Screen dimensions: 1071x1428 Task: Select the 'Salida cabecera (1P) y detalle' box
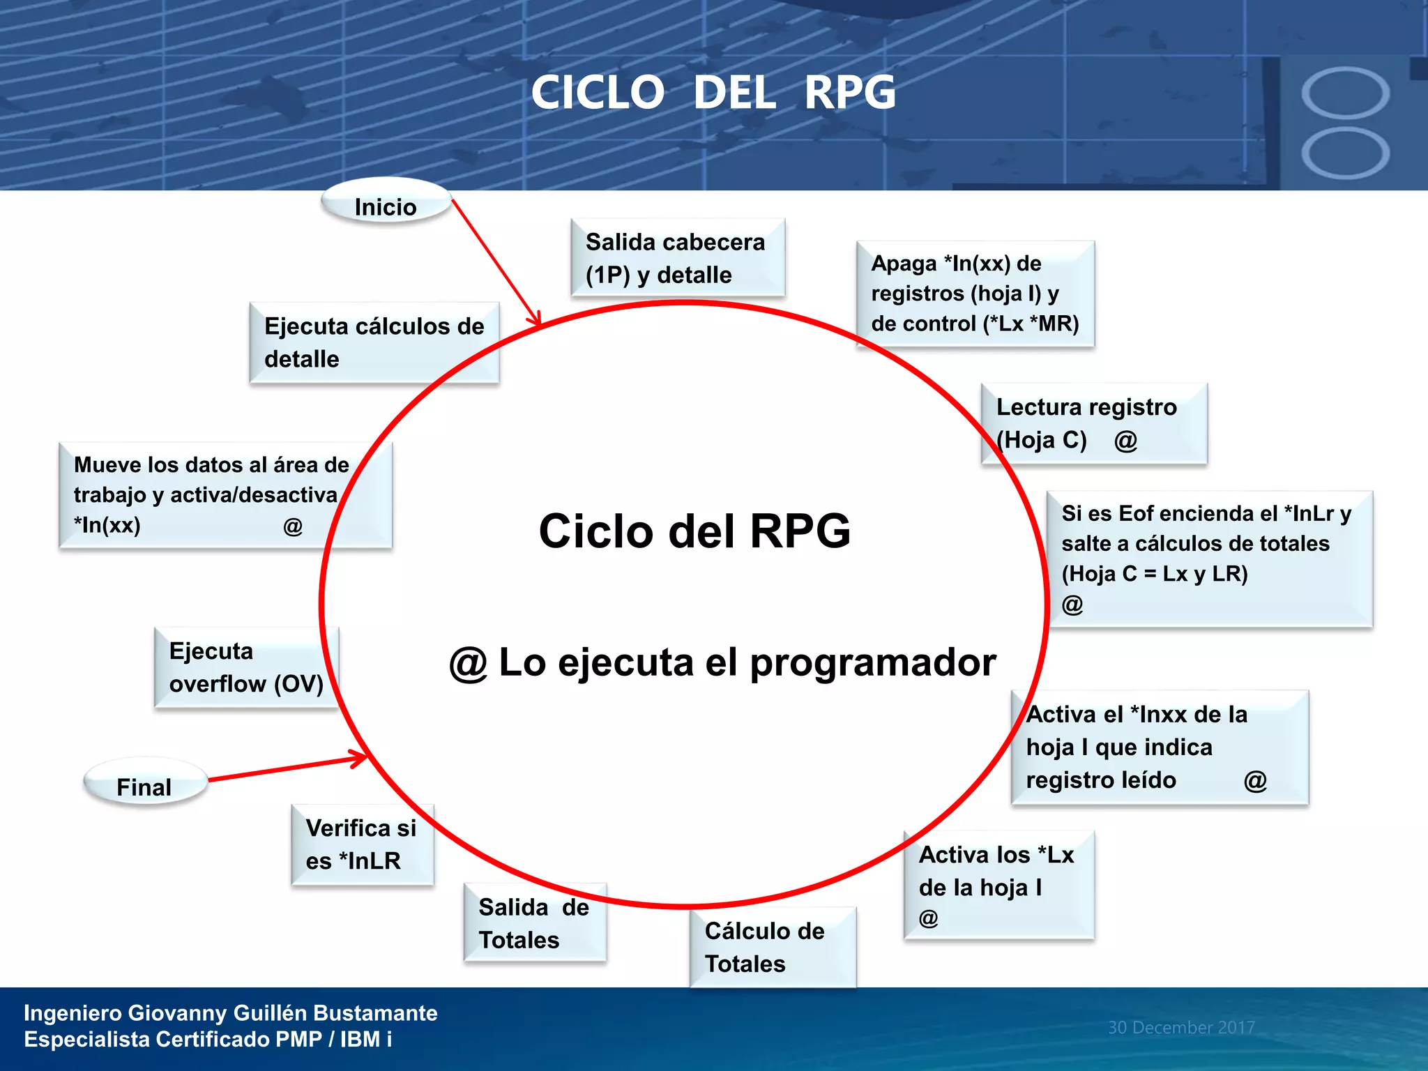pyautogui.click(x=677, y=258)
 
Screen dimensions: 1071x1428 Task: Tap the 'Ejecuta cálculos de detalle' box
pyautogui.click(x=374, y=342)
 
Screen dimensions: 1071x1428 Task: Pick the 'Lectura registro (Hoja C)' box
pyautogui.click(x=1093, y=423)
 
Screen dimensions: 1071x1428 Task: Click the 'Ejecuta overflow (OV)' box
pyautogui.click(x=246, y=667)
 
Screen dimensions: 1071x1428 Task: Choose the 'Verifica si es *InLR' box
pyautogui.click(x=362, y=844)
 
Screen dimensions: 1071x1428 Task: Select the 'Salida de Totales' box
pyautogui.click(x=534, y=923)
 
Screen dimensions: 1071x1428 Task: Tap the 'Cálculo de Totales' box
pyautogui.click(x=772, y=947)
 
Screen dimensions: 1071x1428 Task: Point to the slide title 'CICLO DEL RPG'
pyautogui.click(x=713, y=93)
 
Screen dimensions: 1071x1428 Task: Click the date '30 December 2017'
pyautogui.click(x=1181, y=1027)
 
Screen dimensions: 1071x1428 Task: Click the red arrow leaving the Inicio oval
pyautogui.click(x=496, y=263)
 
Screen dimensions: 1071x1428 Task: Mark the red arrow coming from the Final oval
pyautogui.click(x=286, y=768)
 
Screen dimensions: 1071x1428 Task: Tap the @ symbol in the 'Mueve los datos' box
pyautogui.click(x=293, y=526)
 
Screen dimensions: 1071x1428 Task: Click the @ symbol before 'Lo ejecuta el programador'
pyautogui.click(x=468, y=664)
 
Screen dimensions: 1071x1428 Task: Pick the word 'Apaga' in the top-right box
pyautogui.click(x=904, y=264)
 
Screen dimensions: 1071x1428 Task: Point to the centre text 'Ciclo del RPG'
pyautogui.click(x=694, y=531)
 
